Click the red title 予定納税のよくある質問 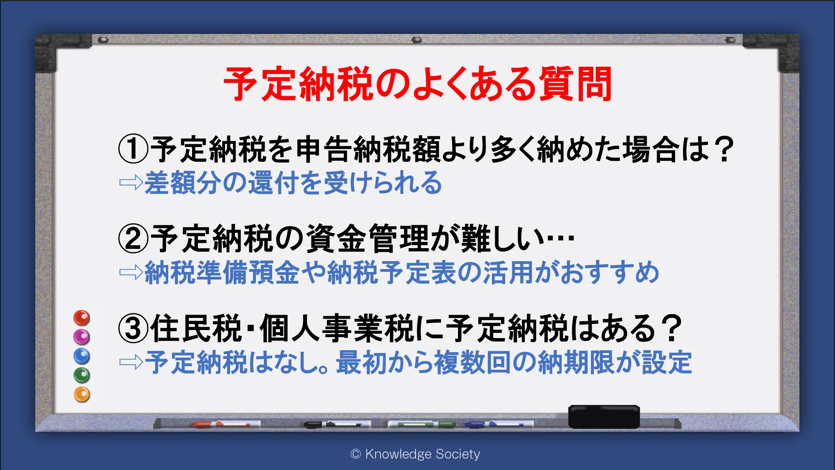[417, 84]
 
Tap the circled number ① [133, 149]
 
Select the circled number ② [133, 239]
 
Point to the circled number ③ [133, 328]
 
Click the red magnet [82, 318]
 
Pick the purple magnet [82, 337]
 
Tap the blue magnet [82, 356]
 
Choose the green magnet [82, 375]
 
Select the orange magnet [82, 394]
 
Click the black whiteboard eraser [604, 417]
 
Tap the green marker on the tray [422, 424]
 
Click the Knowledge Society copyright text [415, 454]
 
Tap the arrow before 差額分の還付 [131, 183]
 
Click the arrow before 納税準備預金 [131, 272]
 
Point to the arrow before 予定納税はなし [131, 362]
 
